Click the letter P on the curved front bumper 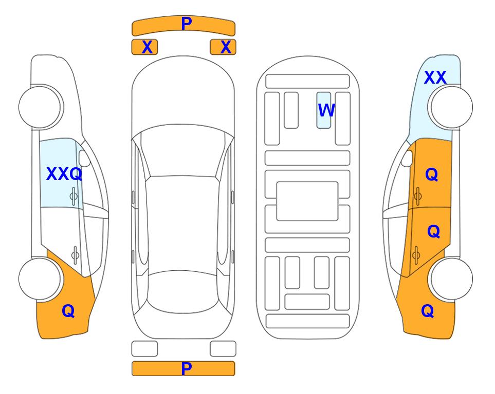coord(187,24)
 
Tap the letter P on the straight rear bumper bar coord(187,368)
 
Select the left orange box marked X coord(144,47)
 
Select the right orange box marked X coord(223,47)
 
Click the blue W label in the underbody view coord(326,110)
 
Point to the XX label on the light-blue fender coord(435,77)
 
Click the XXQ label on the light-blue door coord(64,174)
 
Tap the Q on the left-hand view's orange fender coord(68,311)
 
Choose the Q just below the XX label coord(432,174)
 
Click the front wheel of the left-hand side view coord(40,107)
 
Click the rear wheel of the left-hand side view coord(40,279)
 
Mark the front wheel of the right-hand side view coord(451,107)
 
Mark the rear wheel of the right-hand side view coord(451,279)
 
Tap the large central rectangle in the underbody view coord(307,201)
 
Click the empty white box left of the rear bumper coord(144,349)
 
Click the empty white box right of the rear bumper coord(223,349)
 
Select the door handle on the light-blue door coord(74,196)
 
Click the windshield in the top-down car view coord(183,151)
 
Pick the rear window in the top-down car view coord(182,292)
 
